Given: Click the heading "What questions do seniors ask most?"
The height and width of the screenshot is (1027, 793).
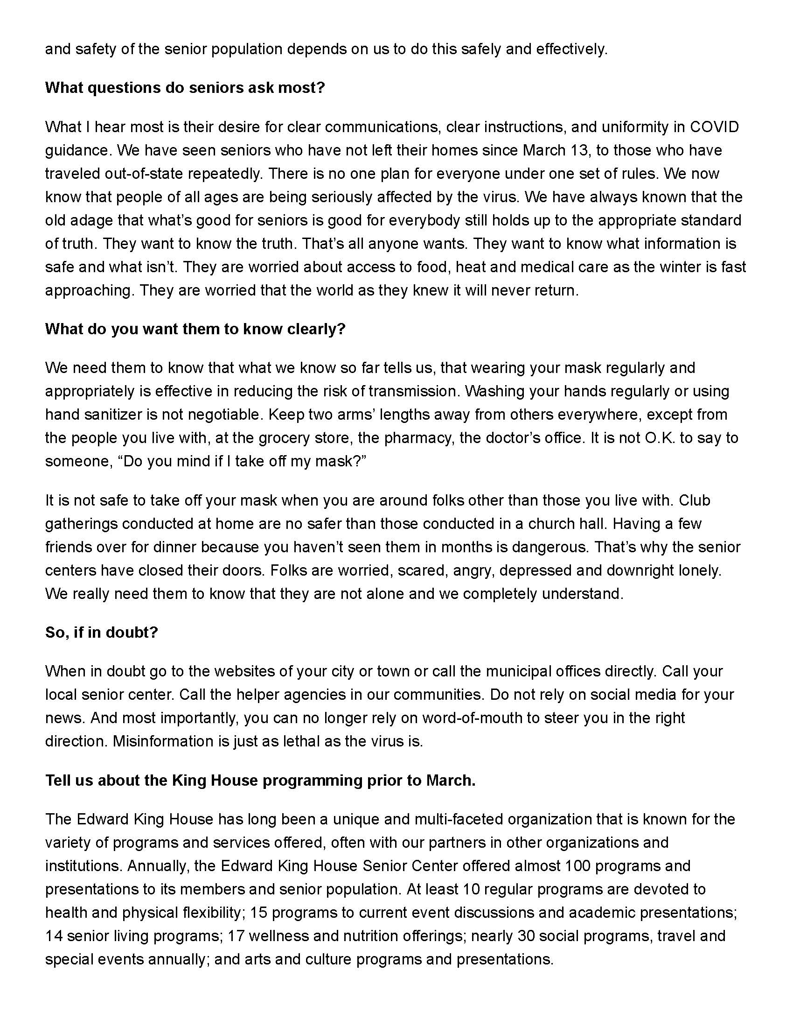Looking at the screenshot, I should (x=185, y=88).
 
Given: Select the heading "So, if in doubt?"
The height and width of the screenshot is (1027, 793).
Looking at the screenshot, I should (x=102, y=632).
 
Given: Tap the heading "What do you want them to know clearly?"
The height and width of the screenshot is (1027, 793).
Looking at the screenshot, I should (x=195, y=329).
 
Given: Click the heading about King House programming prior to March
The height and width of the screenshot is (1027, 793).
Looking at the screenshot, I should (x=260, y=780).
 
